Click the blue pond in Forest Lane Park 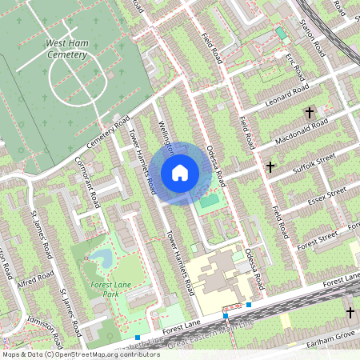click(102, 258)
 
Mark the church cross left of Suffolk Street click(270, 168)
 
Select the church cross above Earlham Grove click(350, 311)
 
